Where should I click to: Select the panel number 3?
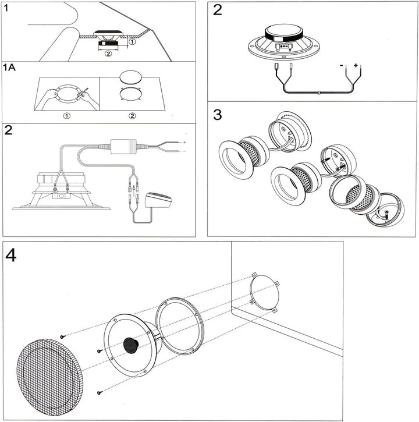218,114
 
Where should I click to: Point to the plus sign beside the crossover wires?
184,142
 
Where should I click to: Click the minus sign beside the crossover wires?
184,151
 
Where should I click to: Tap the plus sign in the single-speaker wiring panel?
355,66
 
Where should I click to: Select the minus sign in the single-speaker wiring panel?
341,66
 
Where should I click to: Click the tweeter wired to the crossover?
159,201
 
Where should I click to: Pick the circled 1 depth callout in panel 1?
133,42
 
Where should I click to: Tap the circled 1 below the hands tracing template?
68,116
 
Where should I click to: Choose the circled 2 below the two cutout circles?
132,116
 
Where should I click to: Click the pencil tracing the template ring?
83,93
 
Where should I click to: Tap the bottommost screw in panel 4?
100,393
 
